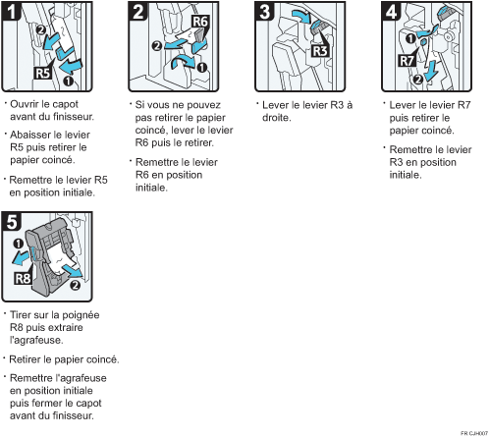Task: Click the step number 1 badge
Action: point(11,11)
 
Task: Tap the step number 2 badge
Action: point(137,11)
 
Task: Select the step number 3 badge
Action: point(264,11)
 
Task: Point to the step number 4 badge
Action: point(391,11)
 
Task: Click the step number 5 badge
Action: point(11,221)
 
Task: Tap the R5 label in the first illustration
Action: point(43,73)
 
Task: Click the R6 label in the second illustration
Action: point(200,22)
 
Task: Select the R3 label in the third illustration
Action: point(320,51)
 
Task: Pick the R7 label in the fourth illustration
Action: point(407,61)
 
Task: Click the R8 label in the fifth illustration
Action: point(23,278)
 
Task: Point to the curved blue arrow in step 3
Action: point(301,16)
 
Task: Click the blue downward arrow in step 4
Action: point(431,71)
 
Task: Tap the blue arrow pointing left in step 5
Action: point(21,257)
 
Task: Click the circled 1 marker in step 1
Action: point(68,81)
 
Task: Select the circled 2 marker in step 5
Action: point(75,285)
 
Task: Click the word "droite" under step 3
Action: point(277,118)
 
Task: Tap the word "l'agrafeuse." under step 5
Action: point(36,341)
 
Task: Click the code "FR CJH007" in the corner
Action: point(474,433)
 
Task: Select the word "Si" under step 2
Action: point(139,105)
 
